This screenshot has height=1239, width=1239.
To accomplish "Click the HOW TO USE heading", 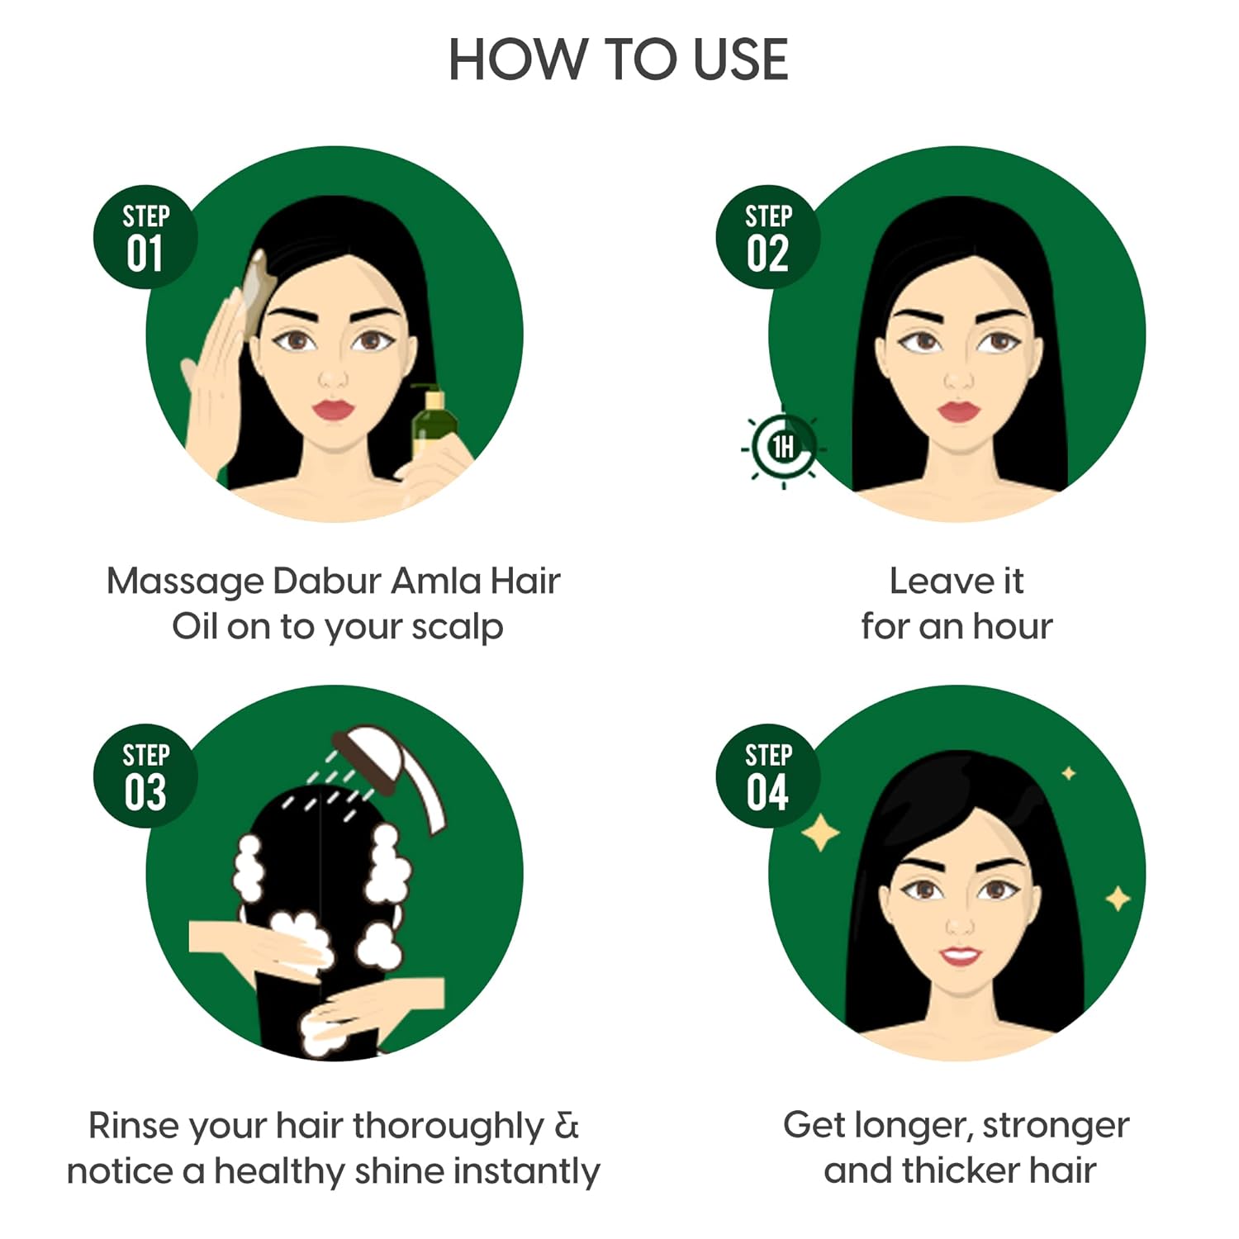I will coord(618,59).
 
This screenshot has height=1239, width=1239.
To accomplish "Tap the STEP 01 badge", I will coord(145,237).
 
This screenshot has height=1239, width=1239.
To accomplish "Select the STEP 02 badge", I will coord(767,237).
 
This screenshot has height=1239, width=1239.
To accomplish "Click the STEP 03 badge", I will coord(145,776).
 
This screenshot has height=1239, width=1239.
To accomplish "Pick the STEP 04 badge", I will coord(767,776).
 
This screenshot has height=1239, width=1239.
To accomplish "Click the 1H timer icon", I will coord(782,448).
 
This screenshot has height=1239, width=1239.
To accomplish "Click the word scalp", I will coord(457,627).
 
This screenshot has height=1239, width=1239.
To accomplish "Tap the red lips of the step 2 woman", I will coord(957,411).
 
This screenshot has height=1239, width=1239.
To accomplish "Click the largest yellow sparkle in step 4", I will coord(820,833).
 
